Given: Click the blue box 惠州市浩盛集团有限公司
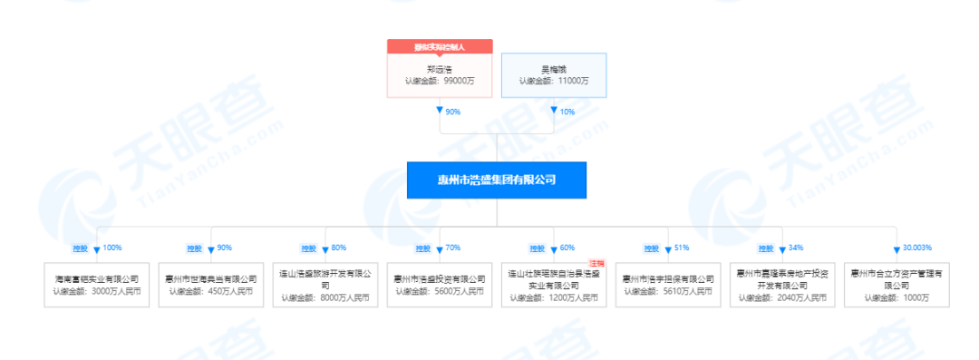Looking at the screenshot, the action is point(497,180).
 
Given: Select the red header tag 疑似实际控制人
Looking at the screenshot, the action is point(440,45).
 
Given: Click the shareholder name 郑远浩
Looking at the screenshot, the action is point(440,68).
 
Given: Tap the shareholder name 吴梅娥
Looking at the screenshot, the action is point(553,68).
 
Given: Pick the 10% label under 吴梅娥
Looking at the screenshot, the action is point(567,112).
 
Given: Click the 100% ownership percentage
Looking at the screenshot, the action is point(112,248).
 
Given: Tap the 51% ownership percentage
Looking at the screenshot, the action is point(681,248).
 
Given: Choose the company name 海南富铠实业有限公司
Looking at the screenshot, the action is point(96,279).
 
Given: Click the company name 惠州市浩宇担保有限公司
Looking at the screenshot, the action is point(667,279).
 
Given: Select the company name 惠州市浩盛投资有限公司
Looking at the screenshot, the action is point(439,279).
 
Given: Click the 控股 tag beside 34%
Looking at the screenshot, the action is point(764,248).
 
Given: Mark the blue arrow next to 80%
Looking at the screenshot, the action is point(325,248).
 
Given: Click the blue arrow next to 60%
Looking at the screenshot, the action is point(554,248).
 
